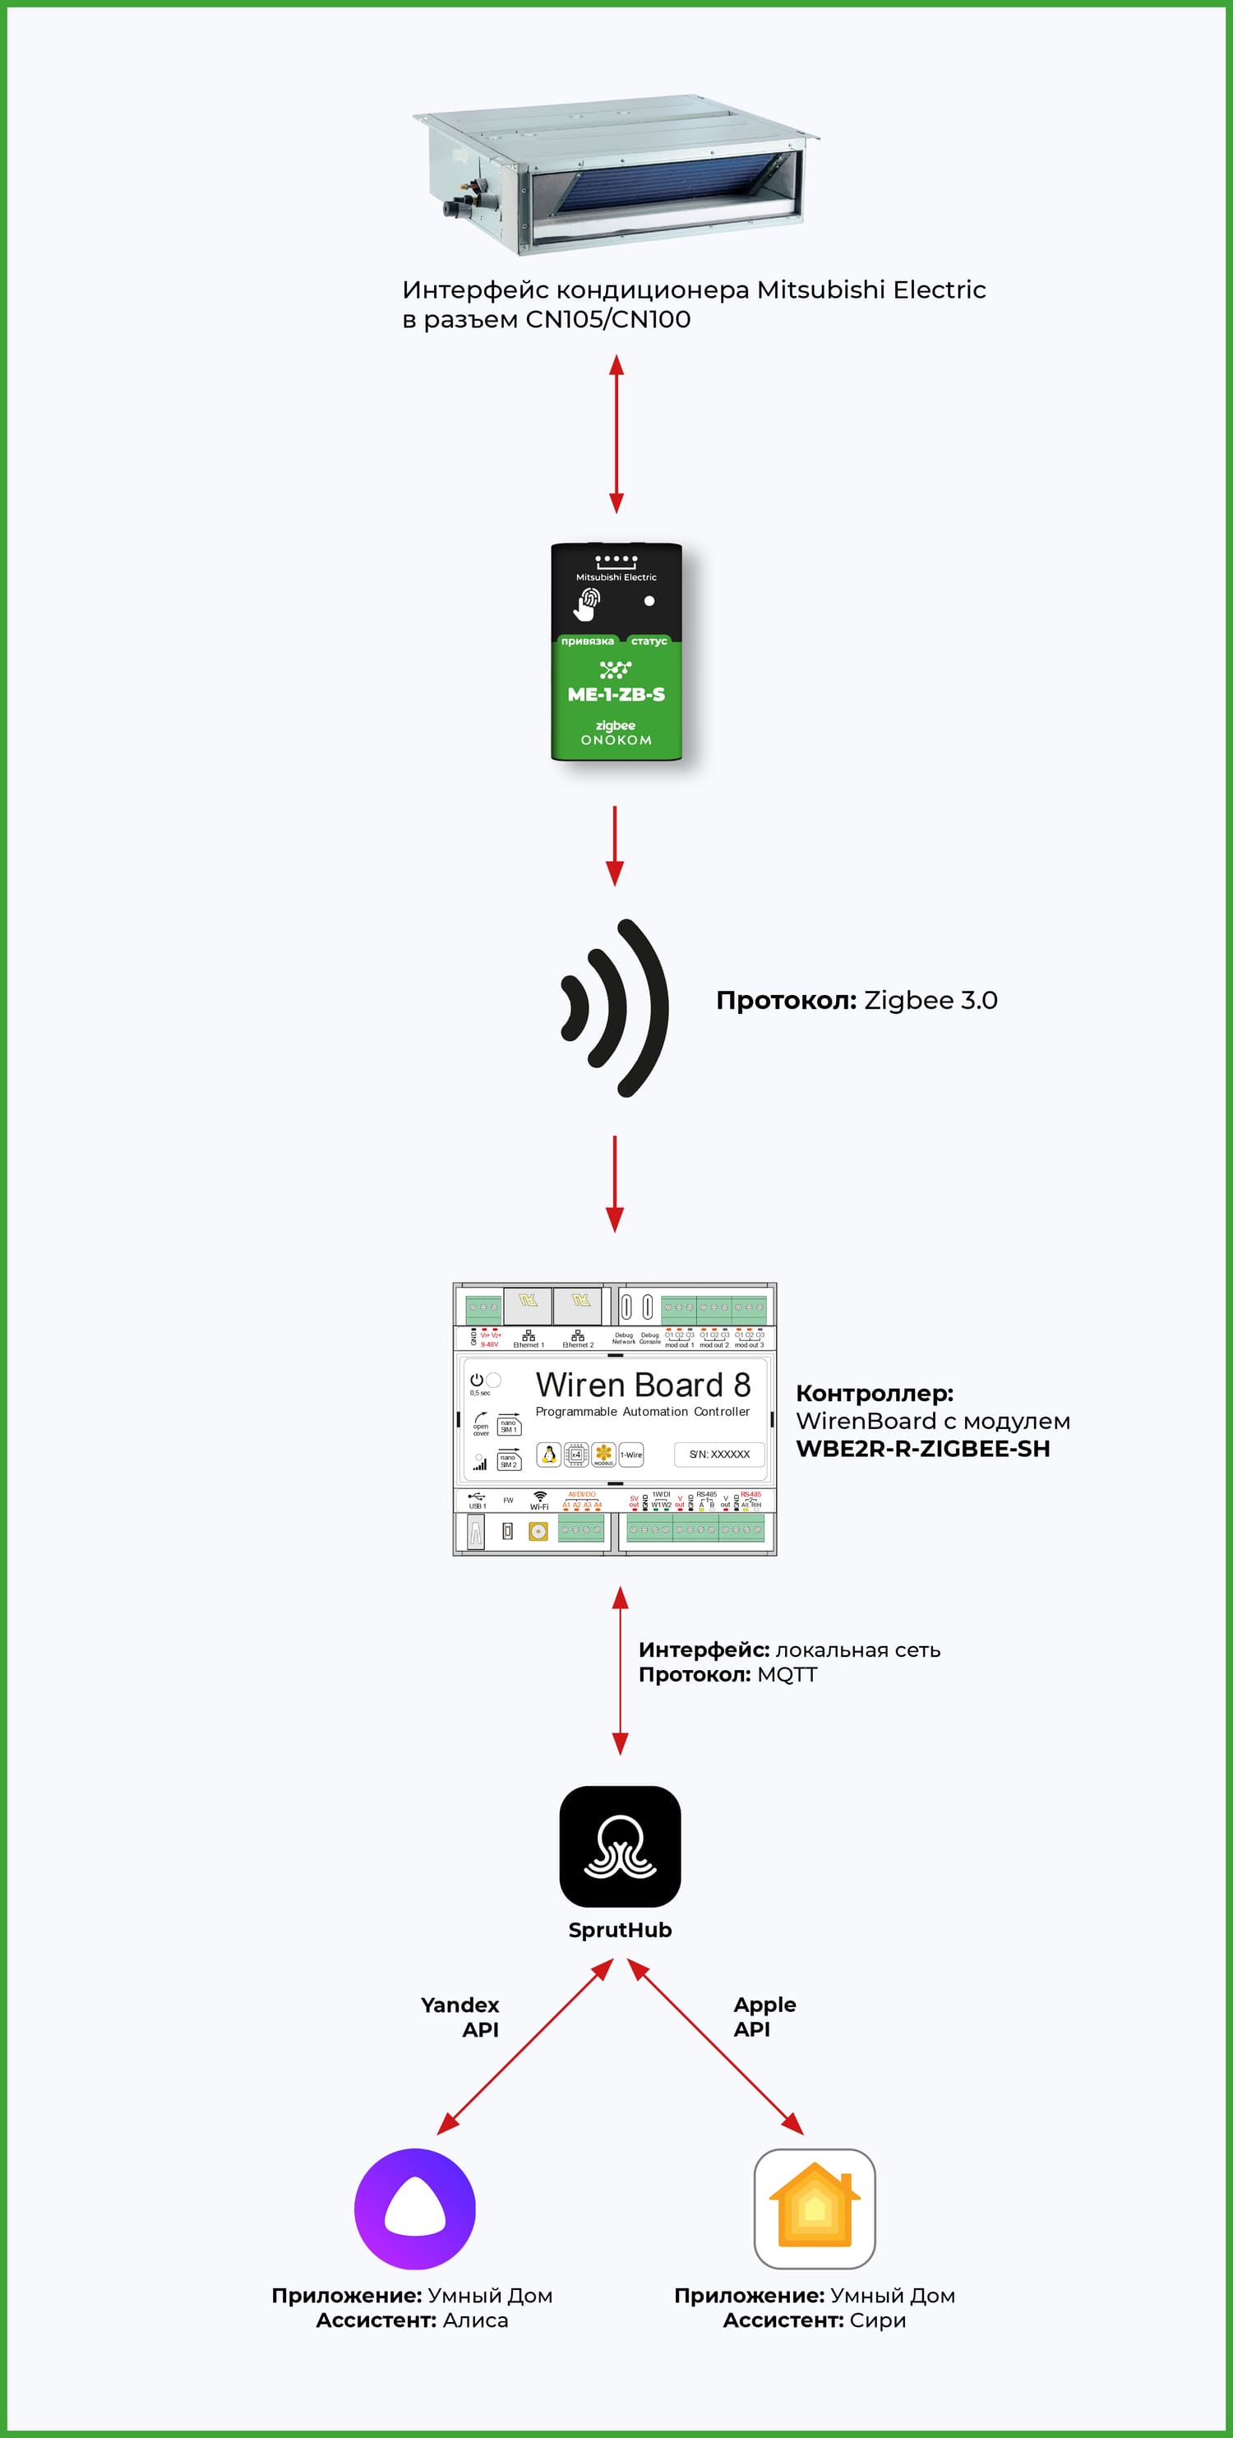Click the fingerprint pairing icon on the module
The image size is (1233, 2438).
click(x=588, y=603)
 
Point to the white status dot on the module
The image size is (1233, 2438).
click(x=649, y=601)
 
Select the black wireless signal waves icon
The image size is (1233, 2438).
click(x=615, y=1007)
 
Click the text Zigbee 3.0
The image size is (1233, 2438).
click(x=931, y=1001)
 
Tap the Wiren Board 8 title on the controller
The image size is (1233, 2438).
click(x=643, y=1385)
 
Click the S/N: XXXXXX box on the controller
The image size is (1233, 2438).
click(x=719, y=1454)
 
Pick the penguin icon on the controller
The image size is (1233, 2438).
click(x=549, y=1454)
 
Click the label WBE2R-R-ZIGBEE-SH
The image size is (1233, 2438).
click(x=922, y=1448)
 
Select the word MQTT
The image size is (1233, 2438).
click(x=787, y=1674)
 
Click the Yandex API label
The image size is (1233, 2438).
click(x=461, y=2017)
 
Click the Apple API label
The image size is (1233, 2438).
click(x=764, y=2017)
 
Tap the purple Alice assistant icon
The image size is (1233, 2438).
click(x=414, y=2208)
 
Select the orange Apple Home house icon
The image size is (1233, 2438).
click(x=814, y=2208)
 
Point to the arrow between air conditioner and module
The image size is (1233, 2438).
click(x=616, y=433)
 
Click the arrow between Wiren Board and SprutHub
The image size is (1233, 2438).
click(x=620, y=1671)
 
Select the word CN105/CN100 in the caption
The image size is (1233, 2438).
click(x=607, y=320)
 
